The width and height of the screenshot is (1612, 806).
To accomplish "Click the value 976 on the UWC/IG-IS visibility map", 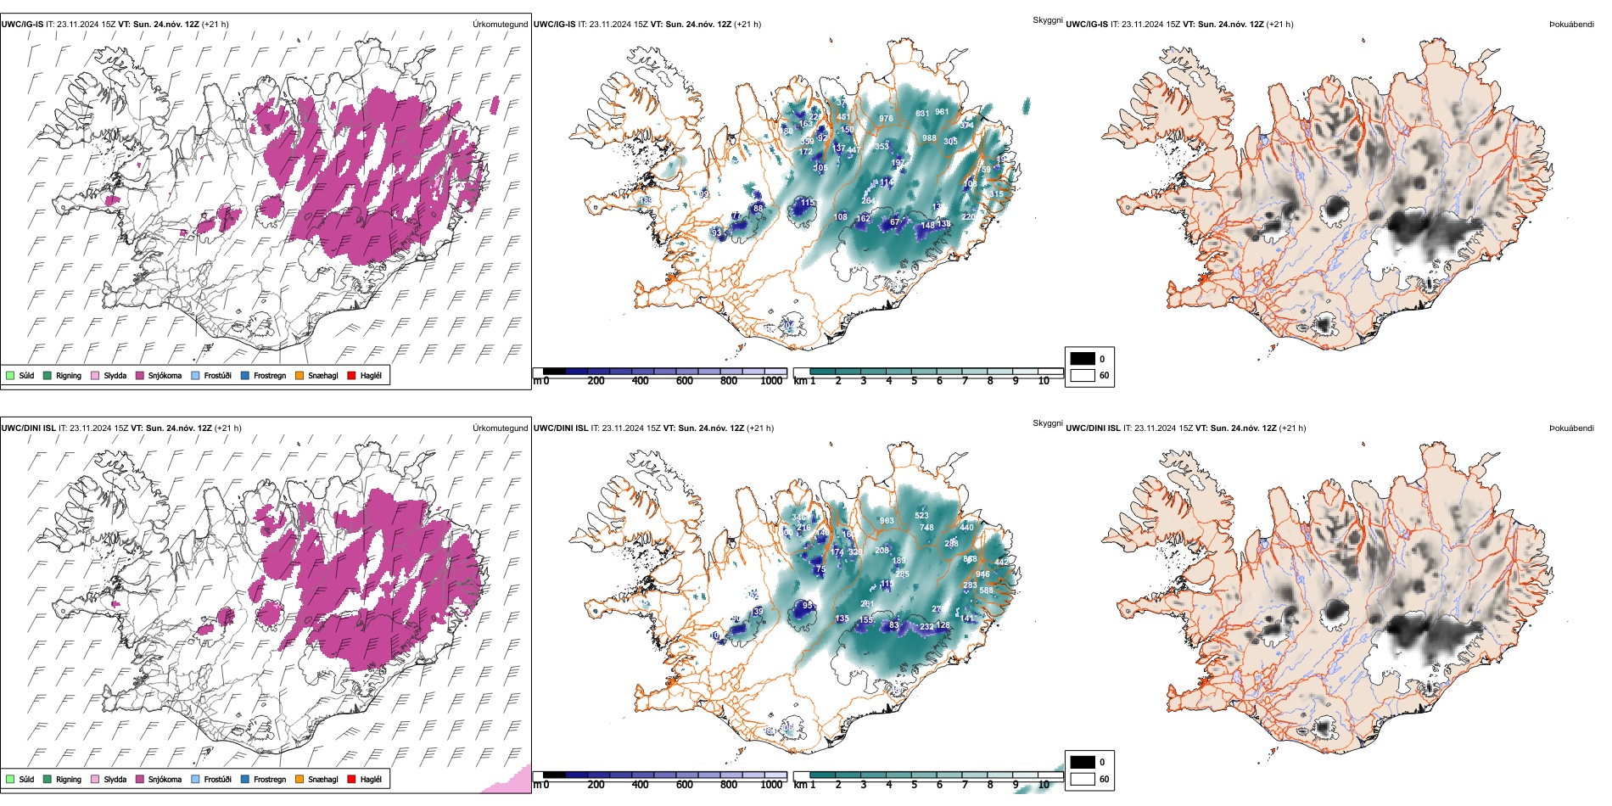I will coord(886,119).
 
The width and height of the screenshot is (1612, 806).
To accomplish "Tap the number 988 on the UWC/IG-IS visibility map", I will coord(929,138).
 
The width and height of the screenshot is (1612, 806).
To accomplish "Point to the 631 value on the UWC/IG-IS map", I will coord(922,114).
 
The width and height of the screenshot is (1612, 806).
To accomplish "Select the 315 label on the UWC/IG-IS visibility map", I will coord(996,194).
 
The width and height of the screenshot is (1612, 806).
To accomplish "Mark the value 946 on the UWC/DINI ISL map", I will coord(982,574).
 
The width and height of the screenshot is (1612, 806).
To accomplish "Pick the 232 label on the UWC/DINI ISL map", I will coord(926,627).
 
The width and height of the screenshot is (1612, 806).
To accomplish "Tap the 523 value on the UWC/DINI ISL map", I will coord(921,516).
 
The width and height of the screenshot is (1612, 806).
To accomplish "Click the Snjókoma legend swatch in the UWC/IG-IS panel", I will coord(140,375).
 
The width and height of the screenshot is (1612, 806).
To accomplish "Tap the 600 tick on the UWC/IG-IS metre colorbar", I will coord(684,381).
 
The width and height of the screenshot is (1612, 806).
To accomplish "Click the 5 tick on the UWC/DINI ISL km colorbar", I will coord(914,785).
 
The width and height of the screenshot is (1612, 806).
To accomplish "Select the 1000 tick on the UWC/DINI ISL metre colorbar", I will coord(771,785).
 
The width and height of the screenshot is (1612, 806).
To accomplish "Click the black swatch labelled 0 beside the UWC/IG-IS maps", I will coord(1083,359).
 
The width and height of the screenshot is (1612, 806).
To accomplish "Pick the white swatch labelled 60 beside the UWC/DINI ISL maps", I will coord(1083,779).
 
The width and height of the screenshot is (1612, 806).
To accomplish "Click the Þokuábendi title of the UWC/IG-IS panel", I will coord(1571,25).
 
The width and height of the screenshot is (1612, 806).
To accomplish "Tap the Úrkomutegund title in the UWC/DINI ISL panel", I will coord(500,428).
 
